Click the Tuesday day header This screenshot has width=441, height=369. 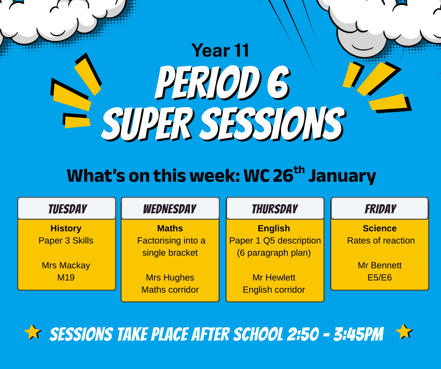[x=68, y=209]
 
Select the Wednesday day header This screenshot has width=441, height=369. [x=170, y=209]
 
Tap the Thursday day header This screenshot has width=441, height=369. [x=275, y=209]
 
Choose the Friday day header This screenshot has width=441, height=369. [x=380, y=209]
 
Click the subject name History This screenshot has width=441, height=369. [x=66, y=229]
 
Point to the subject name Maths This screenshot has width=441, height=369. [x=170, y=229]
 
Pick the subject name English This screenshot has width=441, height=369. [x=274, y=229]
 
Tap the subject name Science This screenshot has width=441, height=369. [x=380, y=229]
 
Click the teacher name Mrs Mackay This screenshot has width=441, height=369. [x=66, y=266]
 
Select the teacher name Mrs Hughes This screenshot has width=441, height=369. [x=170, y=277]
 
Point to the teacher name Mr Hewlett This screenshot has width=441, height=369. [x=274, y=277]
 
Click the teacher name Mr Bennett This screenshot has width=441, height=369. [x=380, y=266]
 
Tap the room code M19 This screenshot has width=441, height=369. [x=66, y=277]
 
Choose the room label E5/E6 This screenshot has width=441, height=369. [x=380, y=277]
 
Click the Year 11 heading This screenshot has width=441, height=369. [x=220, y=51]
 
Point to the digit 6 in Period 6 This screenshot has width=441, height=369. [x=278, y=83]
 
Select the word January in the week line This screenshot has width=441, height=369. [x=342, y=176]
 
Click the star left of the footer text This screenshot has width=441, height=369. [x=33, y=332]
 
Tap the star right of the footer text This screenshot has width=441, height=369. [x=404, y=332]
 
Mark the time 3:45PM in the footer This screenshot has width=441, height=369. [x=358, y=334]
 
